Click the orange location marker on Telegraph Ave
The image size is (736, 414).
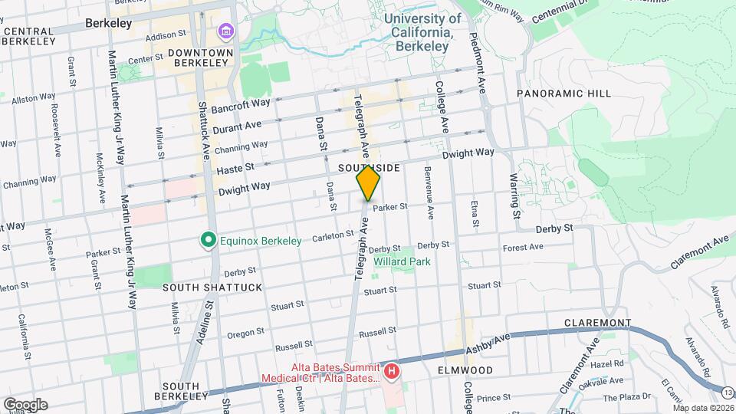[368, 183]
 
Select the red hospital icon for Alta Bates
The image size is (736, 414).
[392, 373]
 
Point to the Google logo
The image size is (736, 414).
[25, 404]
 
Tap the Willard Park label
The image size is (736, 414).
[402, 261]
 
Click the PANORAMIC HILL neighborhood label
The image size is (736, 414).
[563, 94]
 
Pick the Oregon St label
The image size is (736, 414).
[245, 333]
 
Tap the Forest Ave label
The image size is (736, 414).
[523, 247]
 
